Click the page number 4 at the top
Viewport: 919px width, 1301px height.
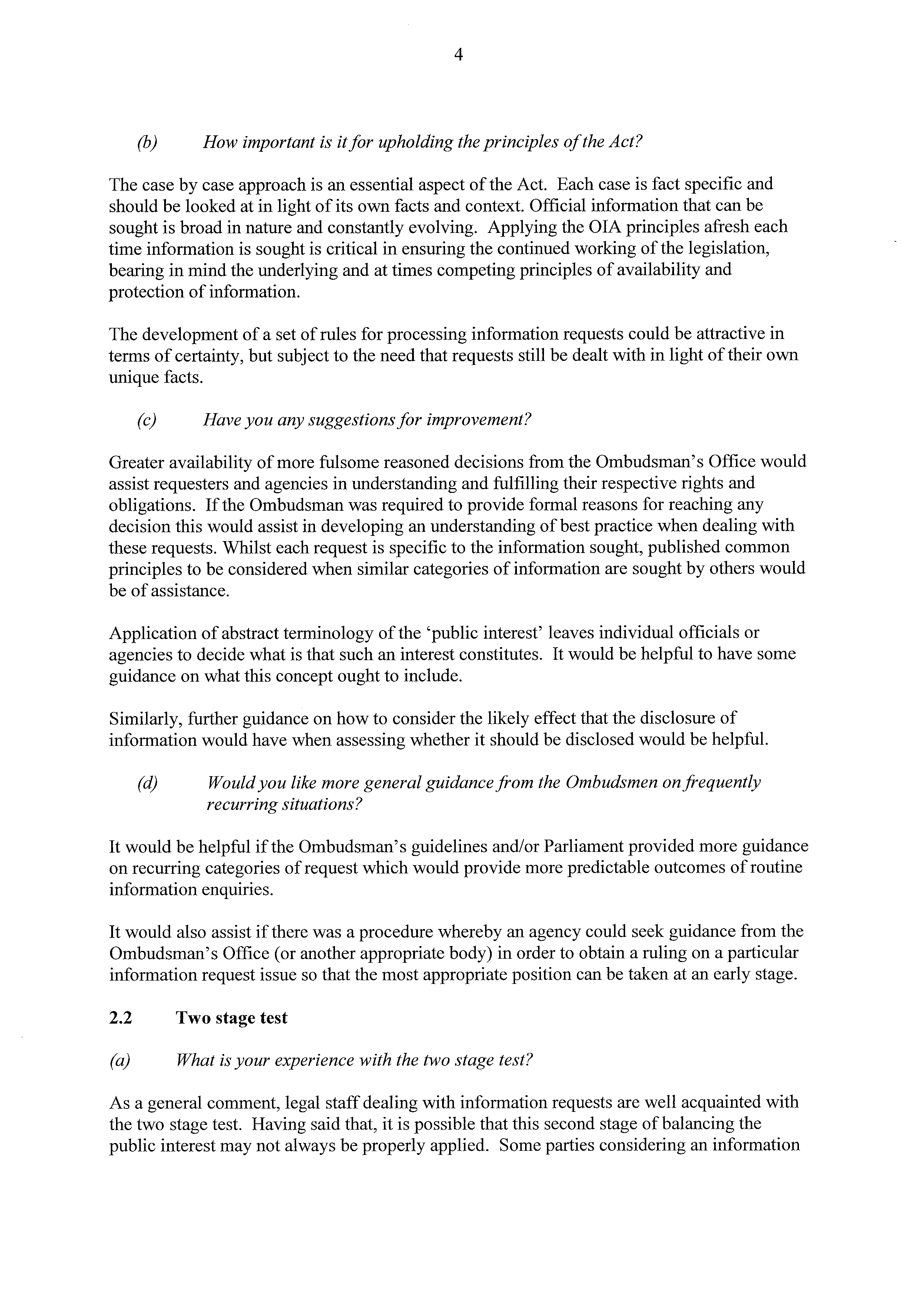coord(459,55)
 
